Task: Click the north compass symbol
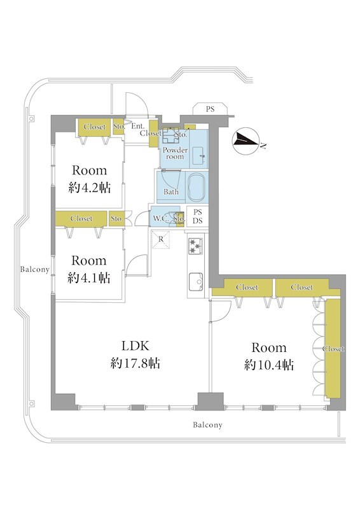pos(246,141)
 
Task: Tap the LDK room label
pos(135,346)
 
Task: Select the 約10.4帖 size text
pos(269,365)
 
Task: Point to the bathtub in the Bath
pos(197,187)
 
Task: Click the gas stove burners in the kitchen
pos(196,246)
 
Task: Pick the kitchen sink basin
pos(196,281)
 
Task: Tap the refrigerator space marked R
pos(161,240)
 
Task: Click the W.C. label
pos(160,218)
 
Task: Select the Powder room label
pos(175,153)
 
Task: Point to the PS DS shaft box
pos(197,216)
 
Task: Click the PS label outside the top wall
pos(210,109)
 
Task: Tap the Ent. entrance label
pos(138,126)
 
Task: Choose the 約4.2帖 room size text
pos(90,188)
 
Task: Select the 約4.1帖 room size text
pos(89,278)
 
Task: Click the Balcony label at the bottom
pos(207,425)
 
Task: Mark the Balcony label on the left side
pos(35,269)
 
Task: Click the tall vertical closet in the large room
pos(333,348)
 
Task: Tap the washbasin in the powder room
pos(198,156)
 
